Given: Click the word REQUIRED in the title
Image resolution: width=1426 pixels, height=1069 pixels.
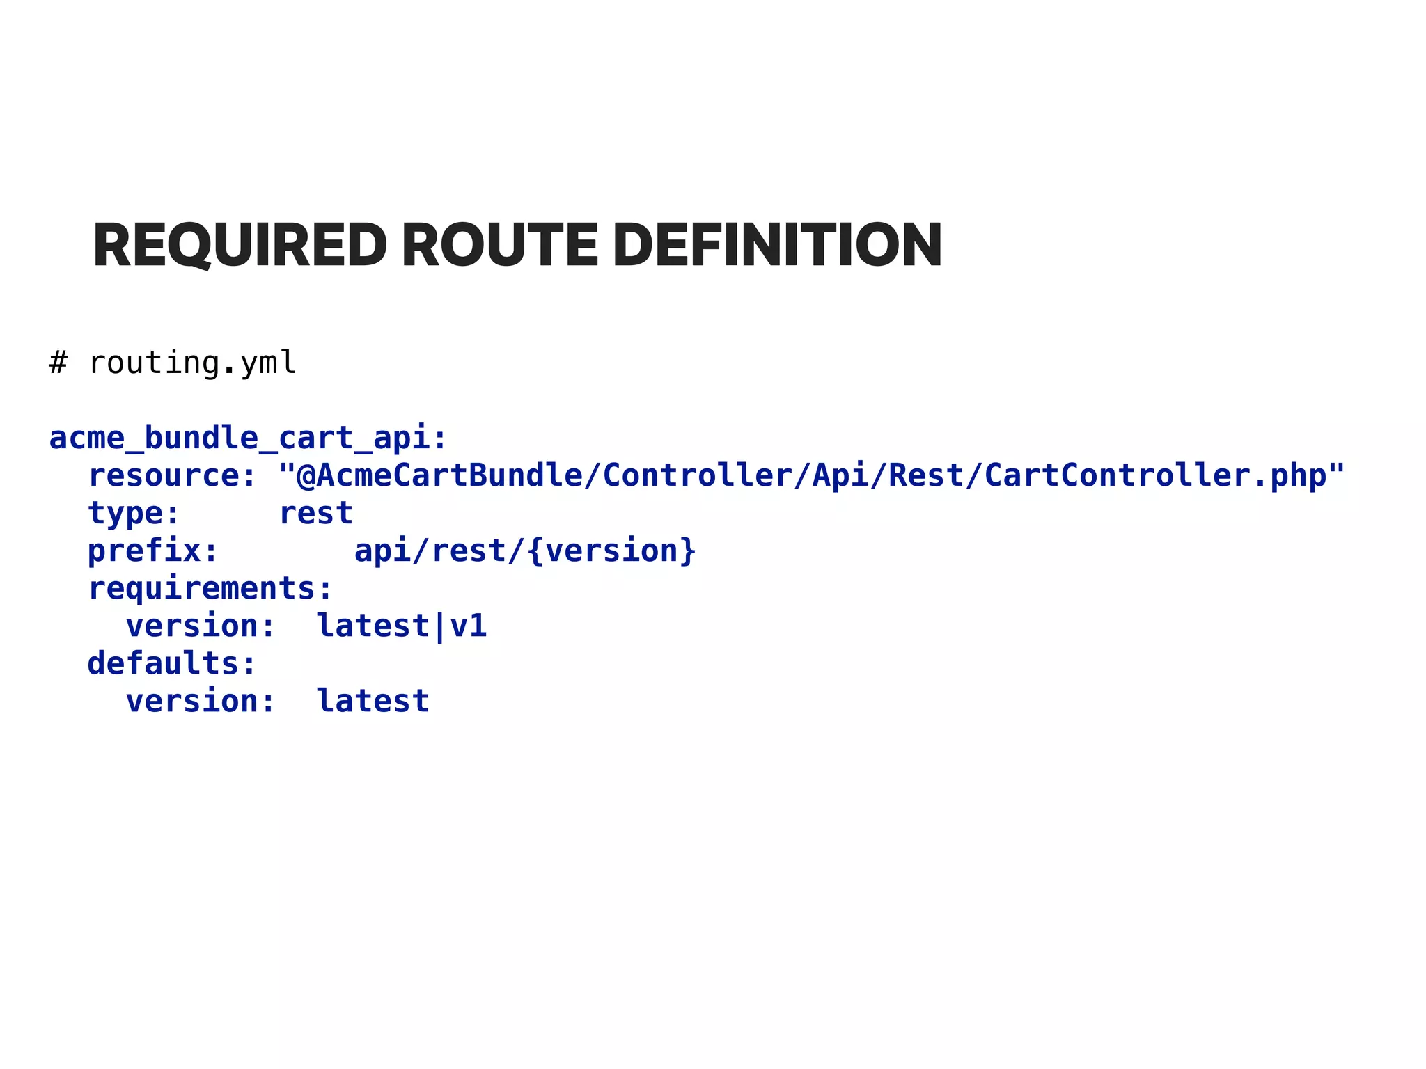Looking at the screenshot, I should (x=240, y=245).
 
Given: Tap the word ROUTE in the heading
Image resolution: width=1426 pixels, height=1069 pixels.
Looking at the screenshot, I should (x=499, y=245).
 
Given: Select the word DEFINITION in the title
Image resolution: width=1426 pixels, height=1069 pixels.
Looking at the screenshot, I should (x=777, y=245).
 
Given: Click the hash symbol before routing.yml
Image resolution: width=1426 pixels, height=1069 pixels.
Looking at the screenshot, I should (x=58, y=363).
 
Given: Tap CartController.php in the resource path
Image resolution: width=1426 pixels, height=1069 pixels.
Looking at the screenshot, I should (x=1155, y=476).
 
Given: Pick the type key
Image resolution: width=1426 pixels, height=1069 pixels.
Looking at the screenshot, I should (x=126, y=514).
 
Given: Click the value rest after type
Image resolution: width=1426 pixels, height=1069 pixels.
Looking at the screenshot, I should (x=316, y=514).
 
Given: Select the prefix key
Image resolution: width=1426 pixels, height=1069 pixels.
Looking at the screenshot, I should (x=145, y=551).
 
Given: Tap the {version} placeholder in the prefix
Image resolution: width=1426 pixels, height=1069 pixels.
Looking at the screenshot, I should (x=611, y=551).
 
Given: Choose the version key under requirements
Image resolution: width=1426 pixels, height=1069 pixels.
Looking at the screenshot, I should (x=192, y=626).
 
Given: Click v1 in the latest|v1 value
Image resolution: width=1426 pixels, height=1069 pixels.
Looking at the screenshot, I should (x=468, y=626).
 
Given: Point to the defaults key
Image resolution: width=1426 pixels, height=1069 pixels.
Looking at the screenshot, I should (x=164, y=664).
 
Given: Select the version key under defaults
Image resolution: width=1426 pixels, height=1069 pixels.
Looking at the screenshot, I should (x=192, y=702).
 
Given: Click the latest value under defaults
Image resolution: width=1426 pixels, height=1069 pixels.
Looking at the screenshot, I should (x=373, y=702).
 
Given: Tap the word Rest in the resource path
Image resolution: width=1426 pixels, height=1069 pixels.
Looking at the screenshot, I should (x=927, y=476).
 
